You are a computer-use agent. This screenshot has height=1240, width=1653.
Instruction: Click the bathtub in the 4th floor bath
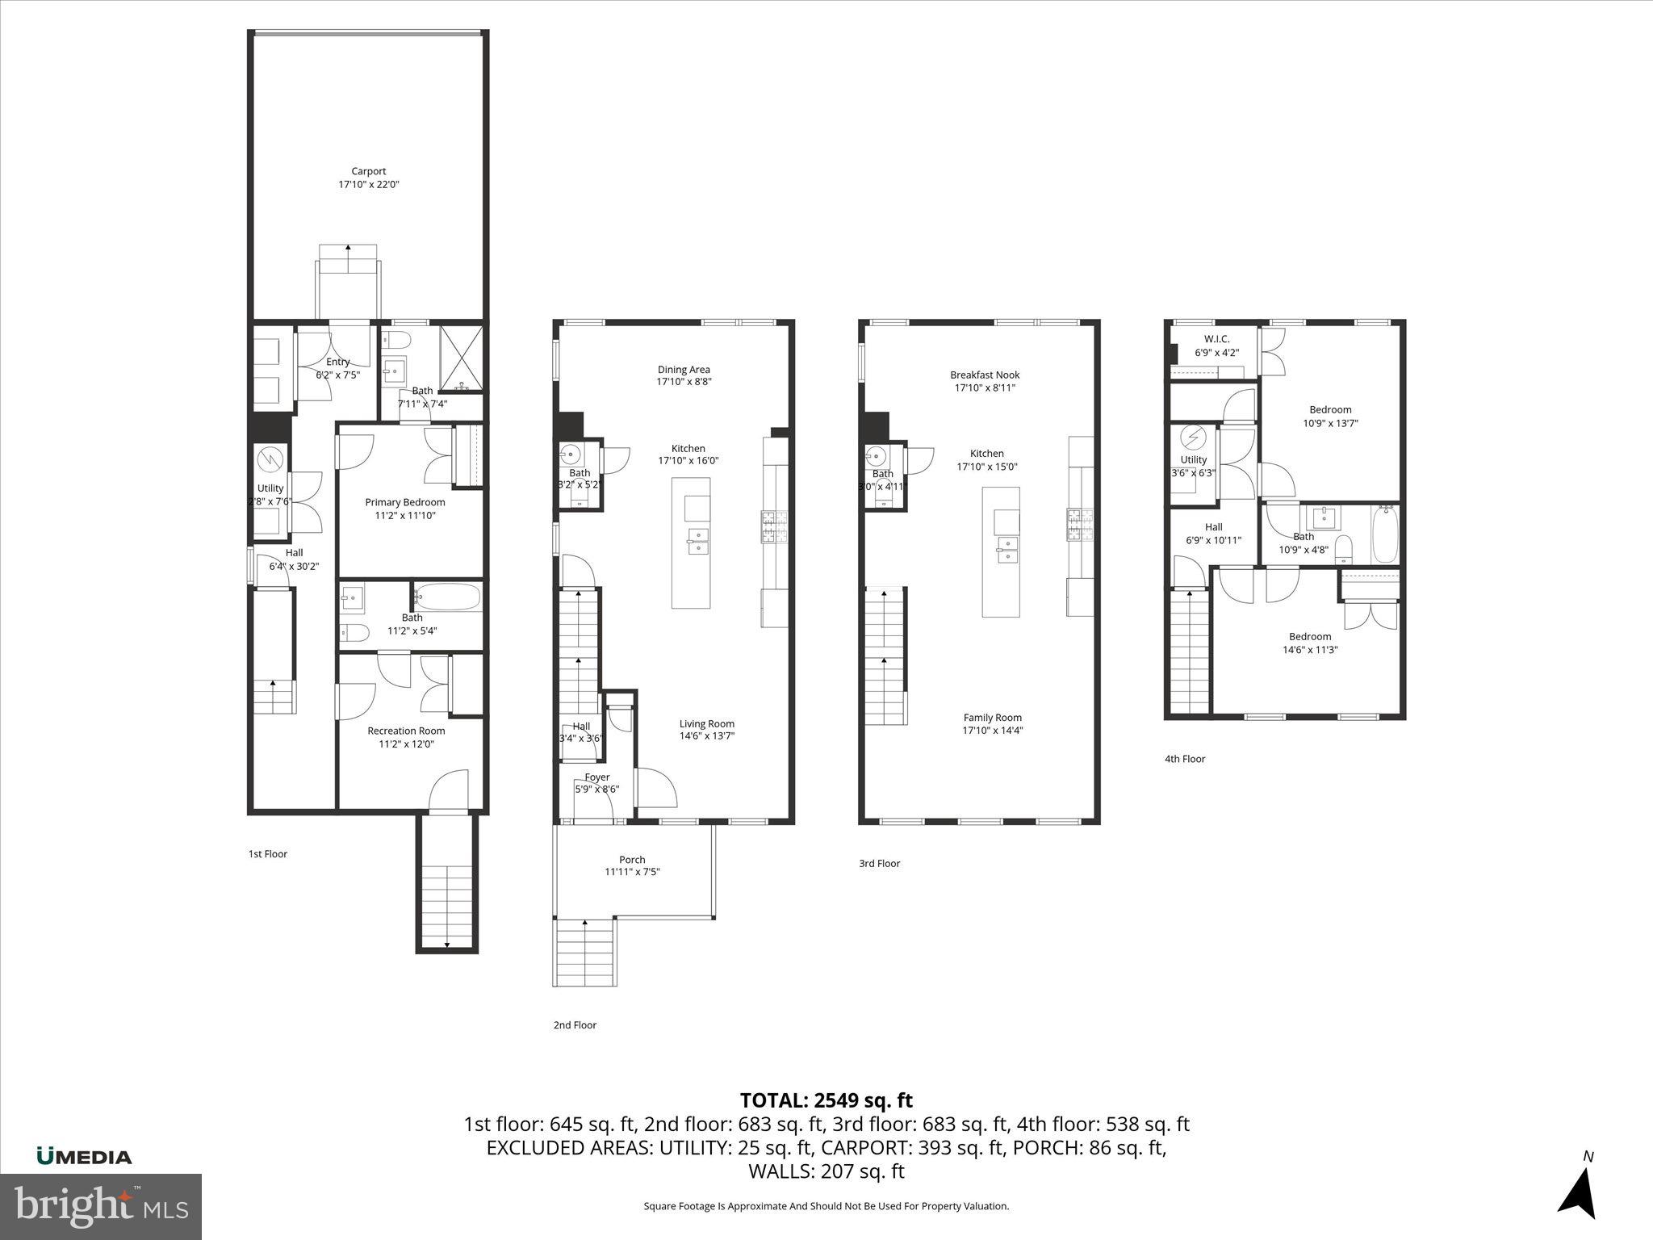[x=1385, y=534]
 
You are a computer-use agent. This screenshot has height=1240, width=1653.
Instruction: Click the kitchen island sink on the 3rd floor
[x=1006, y=549]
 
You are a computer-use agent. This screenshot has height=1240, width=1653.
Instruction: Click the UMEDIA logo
[x=84, y=1156]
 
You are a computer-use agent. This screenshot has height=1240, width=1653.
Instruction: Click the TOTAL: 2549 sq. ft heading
[x=826, y=1100]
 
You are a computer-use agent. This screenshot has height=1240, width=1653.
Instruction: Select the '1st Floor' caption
[x=267, y=854]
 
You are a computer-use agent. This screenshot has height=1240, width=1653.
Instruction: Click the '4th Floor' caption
[x=1184, y=759]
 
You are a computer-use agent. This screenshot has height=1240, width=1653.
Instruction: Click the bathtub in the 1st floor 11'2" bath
[x=448, y=598]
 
